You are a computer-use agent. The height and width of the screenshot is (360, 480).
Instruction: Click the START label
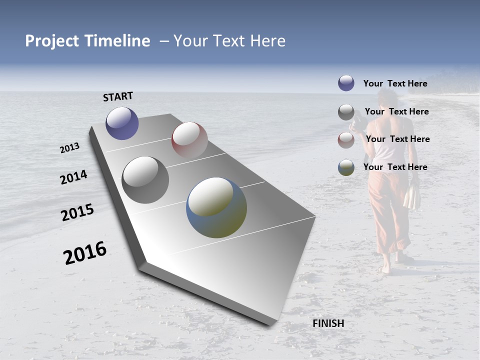pos(118,96)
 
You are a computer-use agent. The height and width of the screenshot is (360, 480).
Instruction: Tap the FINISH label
pos(328,323)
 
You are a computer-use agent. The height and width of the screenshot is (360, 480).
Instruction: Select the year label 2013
pos(69,148)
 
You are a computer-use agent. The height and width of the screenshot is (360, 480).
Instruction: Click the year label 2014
pos(73,177)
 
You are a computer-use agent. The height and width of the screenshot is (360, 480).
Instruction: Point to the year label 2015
pos(77,212)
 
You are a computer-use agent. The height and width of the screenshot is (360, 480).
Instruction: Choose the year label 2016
pos(85,252)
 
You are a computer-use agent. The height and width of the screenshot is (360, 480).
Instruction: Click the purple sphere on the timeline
pos(122,123)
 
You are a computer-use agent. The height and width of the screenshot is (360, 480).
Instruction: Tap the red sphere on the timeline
pos(189,139)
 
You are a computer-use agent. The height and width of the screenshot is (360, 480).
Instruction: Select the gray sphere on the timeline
pos(145,180)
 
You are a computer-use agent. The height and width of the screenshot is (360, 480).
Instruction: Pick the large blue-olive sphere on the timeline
pos(216,207)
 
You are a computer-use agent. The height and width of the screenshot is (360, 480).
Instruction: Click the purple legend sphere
pos(346,83)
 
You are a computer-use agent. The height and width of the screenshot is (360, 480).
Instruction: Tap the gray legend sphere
pos(346,112)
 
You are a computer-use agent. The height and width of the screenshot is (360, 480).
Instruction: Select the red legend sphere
pos(346,140)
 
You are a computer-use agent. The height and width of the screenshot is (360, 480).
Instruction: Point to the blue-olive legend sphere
pos(346,167)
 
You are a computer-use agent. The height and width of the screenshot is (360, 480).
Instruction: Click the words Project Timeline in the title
pos(87,41)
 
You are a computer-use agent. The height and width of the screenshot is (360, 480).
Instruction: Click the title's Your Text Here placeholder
pos(229,41)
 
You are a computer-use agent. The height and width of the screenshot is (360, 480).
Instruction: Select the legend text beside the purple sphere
pos(395,83)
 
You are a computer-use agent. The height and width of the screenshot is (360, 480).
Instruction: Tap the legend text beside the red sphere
pos(397,139)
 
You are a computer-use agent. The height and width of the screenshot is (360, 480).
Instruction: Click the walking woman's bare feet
pos(392,265)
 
